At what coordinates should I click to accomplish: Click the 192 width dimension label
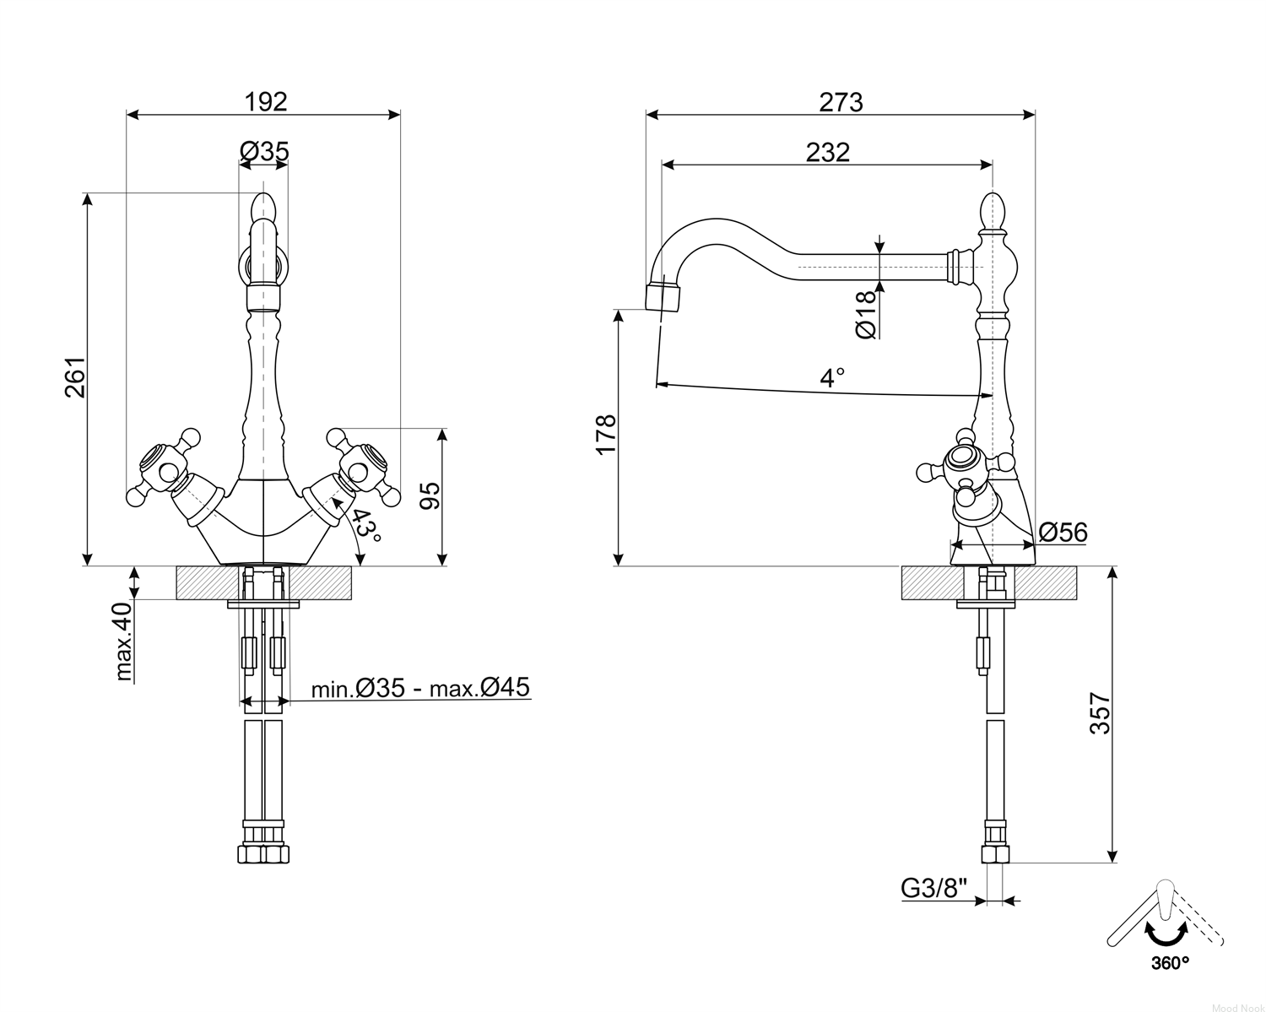tap(266, 102)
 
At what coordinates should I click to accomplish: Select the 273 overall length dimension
tap(841, 102)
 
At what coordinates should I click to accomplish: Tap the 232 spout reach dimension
tap(828, 153)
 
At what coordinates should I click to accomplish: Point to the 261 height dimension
tap(75, 377)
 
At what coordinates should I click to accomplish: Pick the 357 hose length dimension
tap(1100, 714)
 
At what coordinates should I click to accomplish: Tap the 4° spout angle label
tap(832, 378)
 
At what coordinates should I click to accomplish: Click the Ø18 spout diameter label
tap(865, 316)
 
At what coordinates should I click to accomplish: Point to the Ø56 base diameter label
tap(1063, 532)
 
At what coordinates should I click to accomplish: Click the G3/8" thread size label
tap(934, 889)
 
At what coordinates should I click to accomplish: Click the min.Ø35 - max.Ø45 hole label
tap(420, 687)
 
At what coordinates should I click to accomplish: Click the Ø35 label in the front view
tap(264, 151)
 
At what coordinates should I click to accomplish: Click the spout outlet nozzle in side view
tap(663, 296)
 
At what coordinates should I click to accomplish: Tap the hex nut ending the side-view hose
tap(995, 854)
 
